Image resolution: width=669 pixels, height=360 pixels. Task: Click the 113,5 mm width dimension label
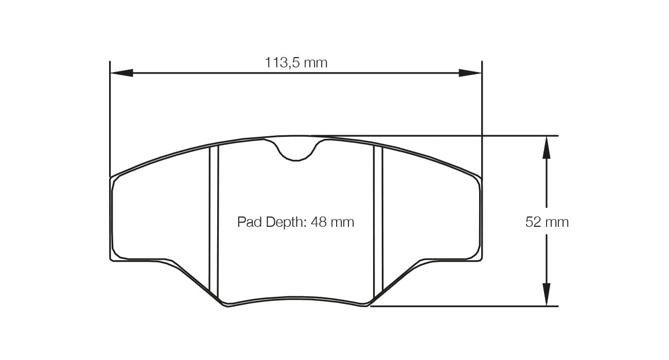pos(296,63)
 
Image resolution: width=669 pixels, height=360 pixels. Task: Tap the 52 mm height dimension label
pos(547,222)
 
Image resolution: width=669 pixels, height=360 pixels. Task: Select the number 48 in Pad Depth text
pos(319,222)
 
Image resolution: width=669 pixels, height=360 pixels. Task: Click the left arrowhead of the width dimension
pos(121,73)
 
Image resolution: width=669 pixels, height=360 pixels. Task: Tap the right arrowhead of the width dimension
pos(470,73)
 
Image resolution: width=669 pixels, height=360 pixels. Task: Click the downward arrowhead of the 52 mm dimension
pos(547,295)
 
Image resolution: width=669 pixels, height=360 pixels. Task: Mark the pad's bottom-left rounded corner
pos(115,257)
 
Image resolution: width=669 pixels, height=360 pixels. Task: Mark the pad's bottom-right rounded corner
pos(477,257)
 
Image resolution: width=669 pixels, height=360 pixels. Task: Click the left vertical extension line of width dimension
pos(110,118)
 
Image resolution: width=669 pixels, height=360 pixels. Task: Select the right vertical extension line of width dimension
pos(482,118)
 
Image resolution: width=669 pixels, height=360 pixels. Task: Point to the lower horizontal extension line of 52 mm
pos(463,307)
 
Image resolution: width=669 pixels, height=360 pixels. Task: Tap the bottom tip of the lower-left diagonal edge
pos(225,305)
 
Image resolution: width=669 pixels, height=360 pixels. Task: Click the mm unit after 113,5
pos(315,63)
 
